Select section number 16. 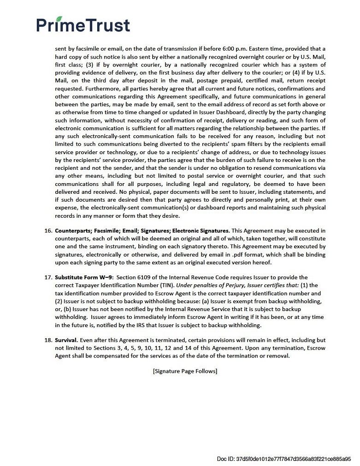[x=48, y=231]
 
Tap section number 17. [x=48, y=277]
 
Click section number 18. [x=48, y=341]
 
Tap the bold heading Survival [x=66, y=341]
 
